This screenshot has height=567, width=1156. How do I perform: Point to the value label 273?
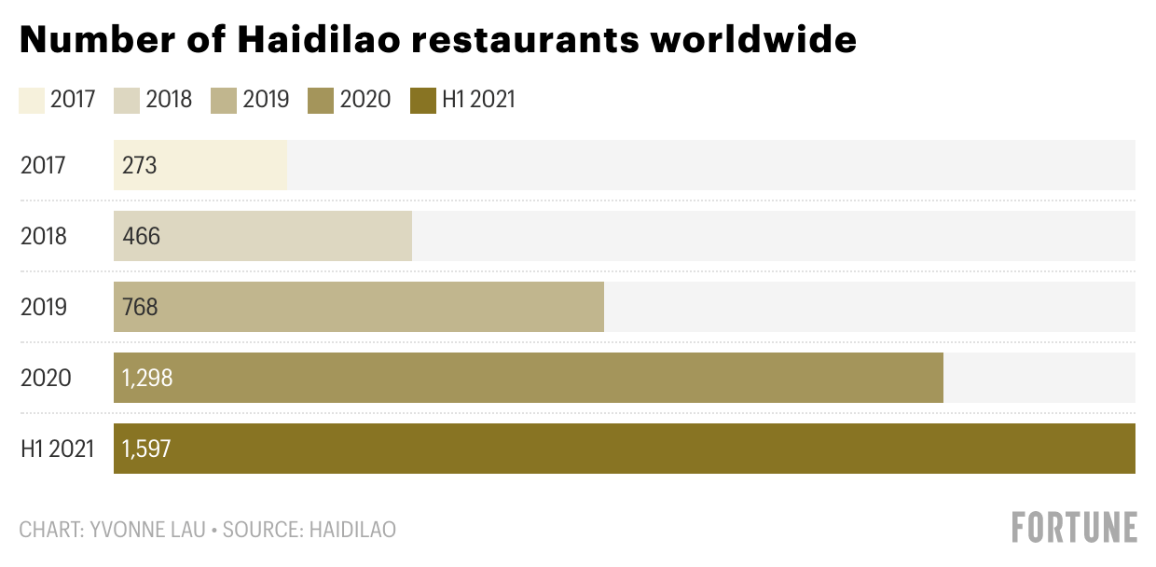pyautogui.click(x=139, y=166)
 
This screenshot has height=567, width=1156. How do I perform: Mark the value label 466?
pyautogui.click(x=141, y=237)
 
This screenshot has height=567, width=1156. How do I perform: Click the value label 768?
pyautogui.click(x=140, y=308)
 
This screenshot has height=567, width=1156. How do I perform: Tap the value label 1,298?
pyautogui.click(x=147, y=379)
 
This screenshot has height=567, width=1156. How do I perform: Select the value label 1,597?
pyautogui.click(x=146, y=449)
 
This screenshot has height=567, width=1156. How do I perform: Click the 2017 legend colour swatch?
pyautogui.click(x=31, y=100)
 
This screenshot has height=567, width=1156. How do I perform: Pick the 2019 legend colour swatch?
pyautogui.click(x=223, y=100)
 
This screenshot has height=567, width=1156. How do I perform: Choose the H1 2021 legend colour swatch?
pyautogui.click(x=422, y=100)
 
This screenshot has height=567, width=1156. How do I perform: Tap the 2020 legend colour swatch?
pyautogui.click(x=320, y=100)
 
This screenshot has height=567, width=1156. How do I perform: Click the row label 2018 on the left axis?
pyautogui.click(x=44, y=237)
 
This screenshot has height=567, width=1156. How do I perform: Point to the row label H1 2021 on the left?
pyautogui.click(x=58, y=449)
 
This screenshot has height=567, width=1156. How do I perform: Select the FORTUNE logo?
pyautogui.click(x=1074, y=527)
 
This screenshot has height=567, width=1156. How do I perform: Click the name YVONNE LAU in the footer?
pyautogui.click(x=145, y=530)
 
